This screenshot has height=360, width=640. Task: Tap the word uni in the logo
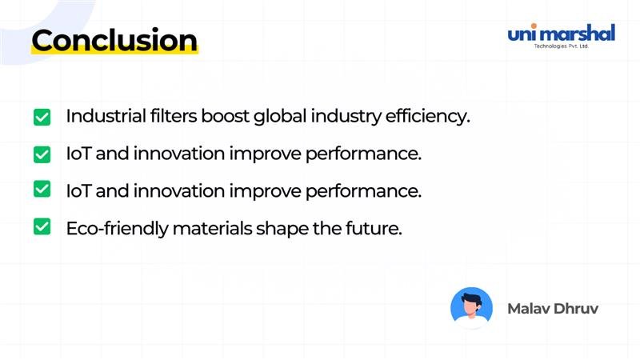click(524, 34)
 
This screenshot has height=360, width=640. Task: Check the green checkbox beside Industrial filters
click(42, 117)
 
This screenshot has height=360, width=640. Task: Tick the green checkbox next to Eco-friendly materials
click(42, 227)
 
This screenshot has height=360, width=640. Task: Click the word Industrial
click(102, 116)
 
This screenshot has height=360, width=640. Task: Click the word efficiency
click(426, 117)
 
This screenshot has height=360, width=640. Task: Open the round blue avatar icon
click(471, 308)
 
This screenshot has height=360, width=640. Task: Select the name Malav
click(526, 308)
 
